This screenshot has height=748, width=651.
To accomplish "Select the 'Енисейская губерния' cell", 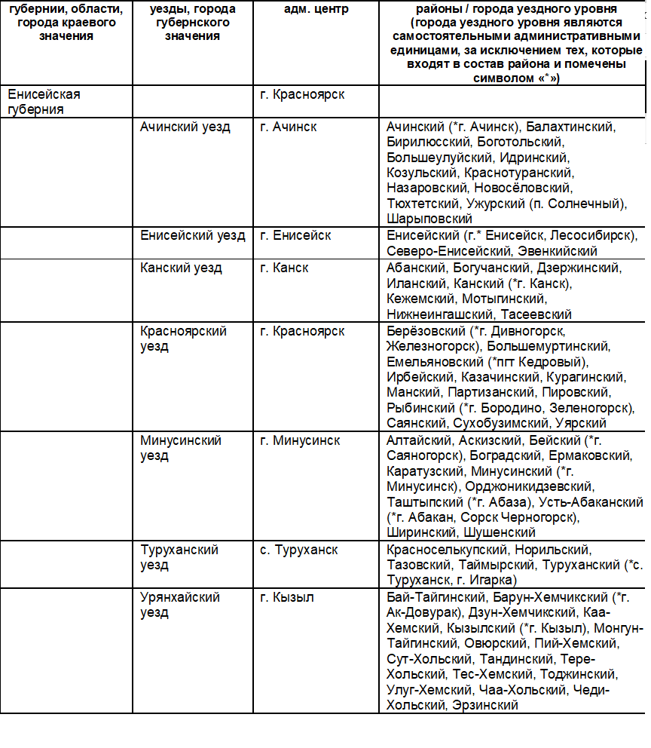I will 44,102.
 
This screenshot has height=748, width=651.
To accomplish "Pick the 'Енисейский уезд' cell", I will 193,235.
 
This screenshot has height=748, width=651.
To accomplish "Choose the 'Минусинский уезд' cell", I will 181,448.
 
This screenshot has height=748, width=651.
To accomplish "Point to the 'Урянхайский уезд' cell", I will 180,605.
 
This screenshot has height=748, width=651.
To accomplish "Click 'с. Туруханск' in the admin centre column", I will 298,550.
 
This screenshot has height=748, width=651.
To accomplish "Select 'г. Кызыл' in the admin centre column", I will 287,597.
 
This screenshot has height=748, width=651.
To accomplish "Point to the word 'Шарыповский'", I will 429,219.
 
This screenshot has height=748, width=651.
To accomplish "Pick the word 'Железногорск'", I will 432,346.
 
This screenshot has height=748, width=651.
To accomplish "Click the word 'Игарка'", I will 493,580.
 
